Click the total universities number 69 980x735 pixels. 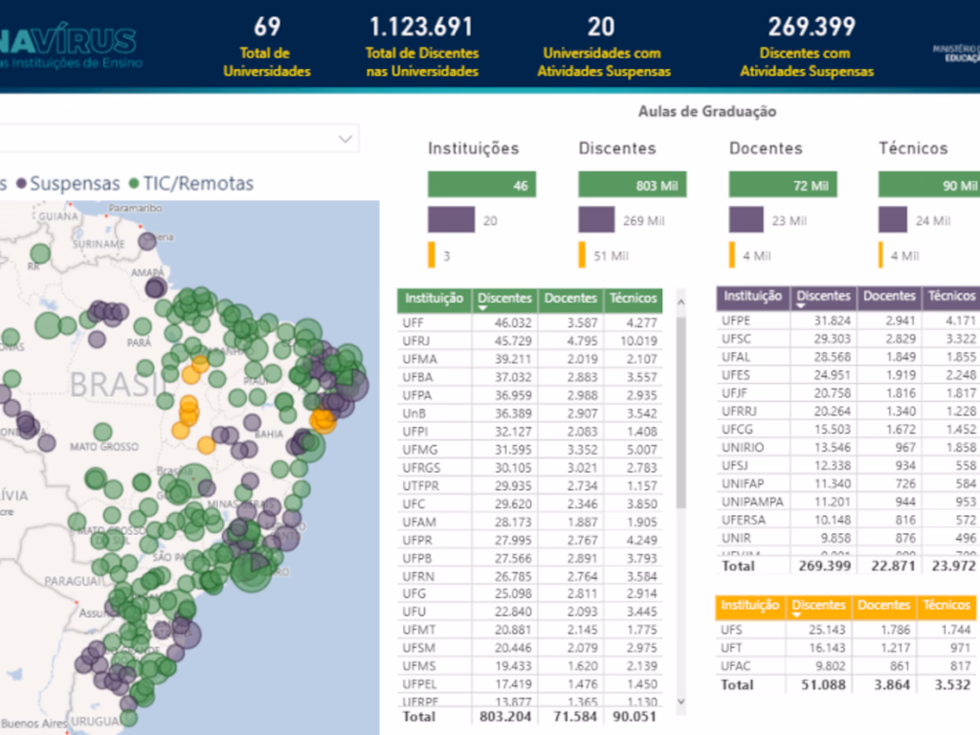[x=267, y=27]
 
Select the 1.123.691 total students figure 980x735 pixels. [x=422, y=27]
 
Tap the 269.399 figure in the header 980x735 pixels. [x=807, y=27]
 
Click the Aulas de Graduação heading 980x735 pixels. [x=707, y=112]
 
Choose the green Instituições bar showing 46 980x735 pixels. [x=481, y=186]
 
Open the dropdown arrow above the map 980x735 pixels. [x=345, y=140]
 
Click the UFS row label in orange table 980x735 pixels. [x=733, y=631]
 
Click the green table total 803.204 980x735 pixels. [x=504, y=717]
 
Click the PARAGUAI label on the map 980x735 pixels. [x=74, y=581]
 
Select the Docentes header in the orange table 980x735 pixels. [x=883, y=606]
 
